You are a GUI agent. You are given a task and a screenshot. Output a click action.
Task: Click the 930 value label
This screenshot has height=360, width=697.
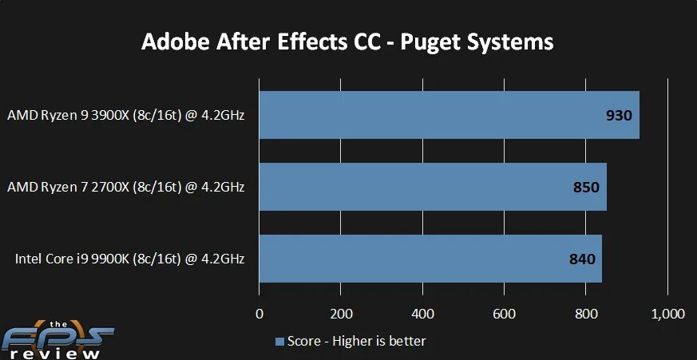point(619,115)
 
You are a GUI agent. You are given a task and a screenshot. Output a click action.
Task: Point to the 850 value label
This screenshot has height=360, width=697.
point(586,187)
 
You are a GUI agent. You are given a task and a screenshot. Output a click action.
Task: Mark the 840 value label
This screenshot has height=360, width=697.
point(582,259)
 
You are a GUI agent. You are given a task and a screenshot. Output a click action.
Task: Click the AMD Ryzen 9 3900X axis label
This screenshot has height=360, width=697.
point(125,115)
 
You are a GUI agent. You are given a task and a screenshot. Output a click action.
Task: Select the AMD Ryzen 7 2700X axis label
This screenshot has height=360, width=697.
point(125,187)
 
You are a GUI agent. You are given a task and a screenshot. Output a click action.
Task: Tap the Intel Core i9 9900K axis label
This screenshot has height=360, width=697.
point(129,259)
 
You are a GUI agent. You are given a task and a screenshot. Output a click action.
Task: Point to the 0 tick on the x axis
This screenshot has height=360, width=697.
point(259,314)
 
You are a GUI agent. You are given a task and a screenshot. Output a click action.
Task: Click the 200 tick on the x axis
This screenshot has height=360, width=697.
point(341,314)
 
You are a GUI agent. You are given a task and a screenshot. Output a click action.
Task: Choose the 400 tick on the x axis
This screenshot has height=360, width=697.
point(422,314)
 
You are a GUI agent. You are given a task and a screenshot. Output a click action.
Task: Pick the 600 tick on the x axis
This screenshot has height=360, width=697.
point(504,314)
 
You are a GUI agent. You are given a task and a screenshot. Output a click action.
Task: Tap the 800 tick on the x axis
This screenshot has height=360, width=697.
point(586,314)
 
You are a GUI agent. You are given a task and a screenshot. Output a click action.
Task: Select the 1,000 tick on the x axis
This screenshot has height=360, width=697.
point(667,314)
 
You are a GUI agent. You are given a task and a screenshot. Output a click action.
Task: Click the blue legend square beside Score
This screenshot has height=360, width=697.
point(279,342)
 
